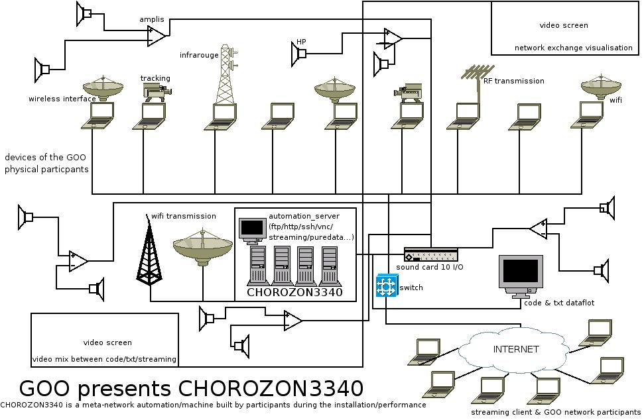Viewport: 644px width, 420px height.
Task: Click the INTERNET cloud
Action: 507,349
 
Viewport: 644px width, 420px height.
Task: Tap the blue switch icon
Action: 385,287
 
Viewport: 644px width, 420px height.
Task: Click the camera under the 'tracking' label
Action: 157,92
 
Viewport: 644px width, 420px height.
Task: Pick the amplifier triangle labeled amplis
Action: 158,35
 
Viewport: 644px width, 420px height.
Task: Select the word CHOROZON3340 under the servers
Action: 294,292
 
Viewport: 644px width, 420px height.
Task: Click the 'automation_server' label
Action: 304,217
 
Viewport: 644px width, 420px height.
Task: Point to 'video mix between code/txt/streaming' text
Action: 104,359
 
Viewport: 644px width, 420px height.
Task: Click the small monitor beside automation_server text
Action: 252,229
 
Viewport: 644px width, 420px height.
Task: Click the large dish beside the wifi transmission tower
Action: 202,247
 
